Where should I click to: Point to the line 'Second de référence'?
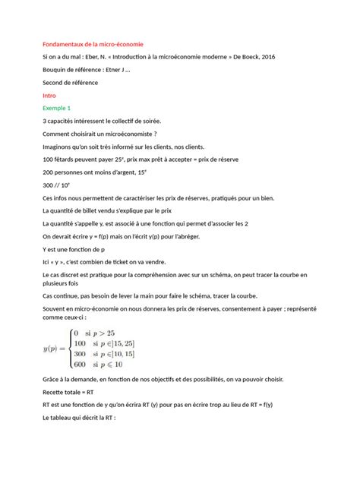pyautogui.click(x=71, y=83)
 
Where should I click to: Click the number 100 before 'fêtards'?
pyautogui.click(x=50, y=160)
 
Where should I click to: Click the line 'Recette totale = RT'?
pyautogui.click(x=68, y=392)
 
